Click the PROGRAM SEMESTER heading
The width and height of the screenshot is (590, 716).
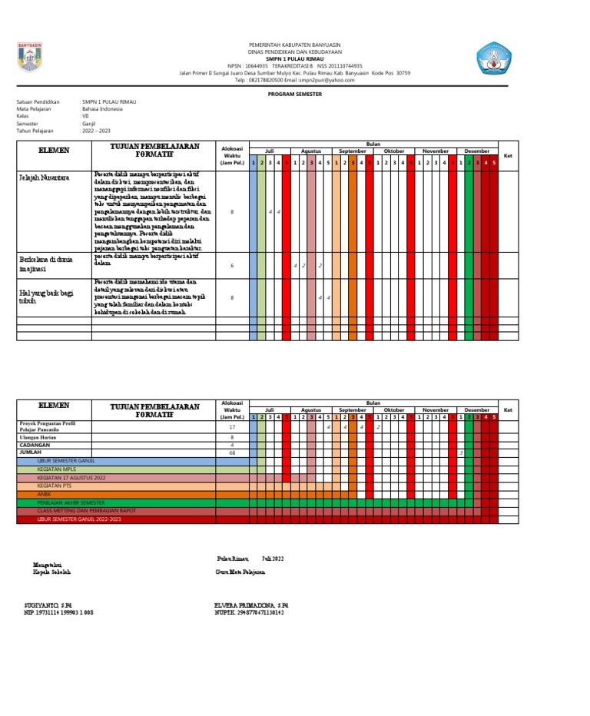pos(295,93)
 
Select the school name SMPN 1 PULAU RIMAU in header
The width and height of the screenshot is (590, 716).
pos(295,58)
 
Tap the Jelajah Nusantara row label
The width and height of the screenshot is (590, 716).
pos(44,177)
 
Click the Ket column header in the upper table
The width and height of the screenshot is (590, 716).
pos(507,156)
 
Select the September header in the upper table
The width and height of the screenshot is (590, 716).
pos(353,151)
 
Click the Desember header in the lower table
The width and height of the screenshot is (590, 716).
pos(476,410)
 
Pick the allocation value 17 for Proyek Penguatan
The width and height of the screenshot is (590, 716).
pos(231,427)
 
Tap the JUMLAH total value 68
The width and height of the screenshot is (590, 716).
pos(231,453)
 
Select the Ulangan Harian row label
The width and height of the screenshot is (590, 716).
pos(39,436)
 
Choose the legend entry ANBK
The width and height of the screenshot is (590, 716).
pos(45,494)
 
